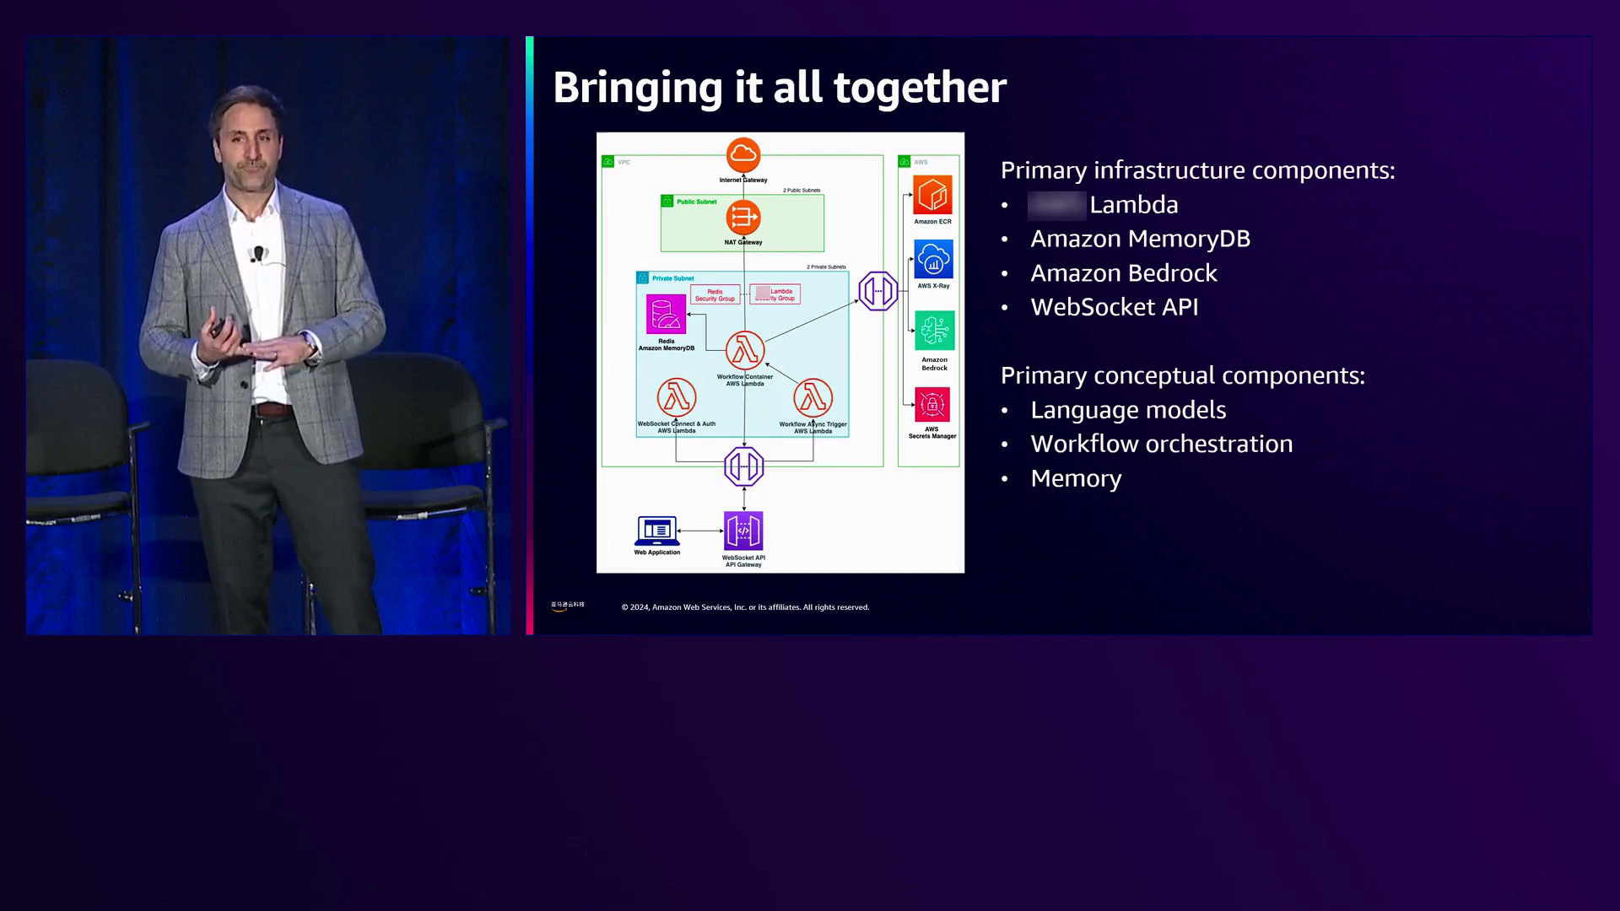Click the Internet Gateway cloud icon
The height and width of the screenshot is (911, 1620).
743,154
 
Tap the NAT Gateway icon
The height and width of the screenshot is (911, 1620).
743,218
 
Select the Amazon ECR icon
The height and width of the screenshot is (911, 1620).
932,195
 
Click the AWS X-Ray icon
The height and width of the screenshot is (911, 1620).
933,259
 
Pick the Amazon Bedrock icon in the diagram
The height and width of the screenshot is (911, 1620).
934,331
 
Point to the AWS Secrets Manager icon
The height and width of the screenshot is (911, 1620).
932,405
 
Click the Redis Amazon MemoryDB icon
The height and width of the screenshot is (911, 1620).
666,315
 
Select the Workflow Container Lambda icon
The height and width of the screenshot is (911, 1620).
745,350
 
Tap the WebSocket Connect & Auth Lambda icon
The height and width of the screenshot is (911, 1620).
677,397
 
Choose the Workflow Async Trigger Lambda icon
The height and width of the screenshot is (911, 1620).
813,397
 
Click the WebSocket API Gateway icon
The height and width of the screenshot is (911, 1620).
743,531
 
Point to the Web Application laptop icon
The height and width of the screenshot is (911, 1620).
656,531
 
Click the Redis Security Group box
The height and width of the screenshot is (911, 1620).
715,294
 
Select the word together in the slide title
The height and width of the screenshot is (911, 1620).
920,87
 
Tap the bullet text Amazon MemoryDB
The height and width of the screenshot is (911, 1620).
1140,239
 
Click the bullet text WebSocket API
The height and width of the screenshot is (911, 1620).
1114,307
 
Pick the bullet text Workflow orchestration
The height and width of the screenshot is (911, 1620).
1161,444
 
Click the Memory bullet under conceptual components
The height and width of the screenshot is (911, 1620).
1076,478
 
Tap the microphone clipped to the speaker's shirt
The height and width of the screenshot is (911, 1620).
258,253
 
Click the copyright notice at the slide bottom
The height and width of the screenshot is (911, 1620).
745,607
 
